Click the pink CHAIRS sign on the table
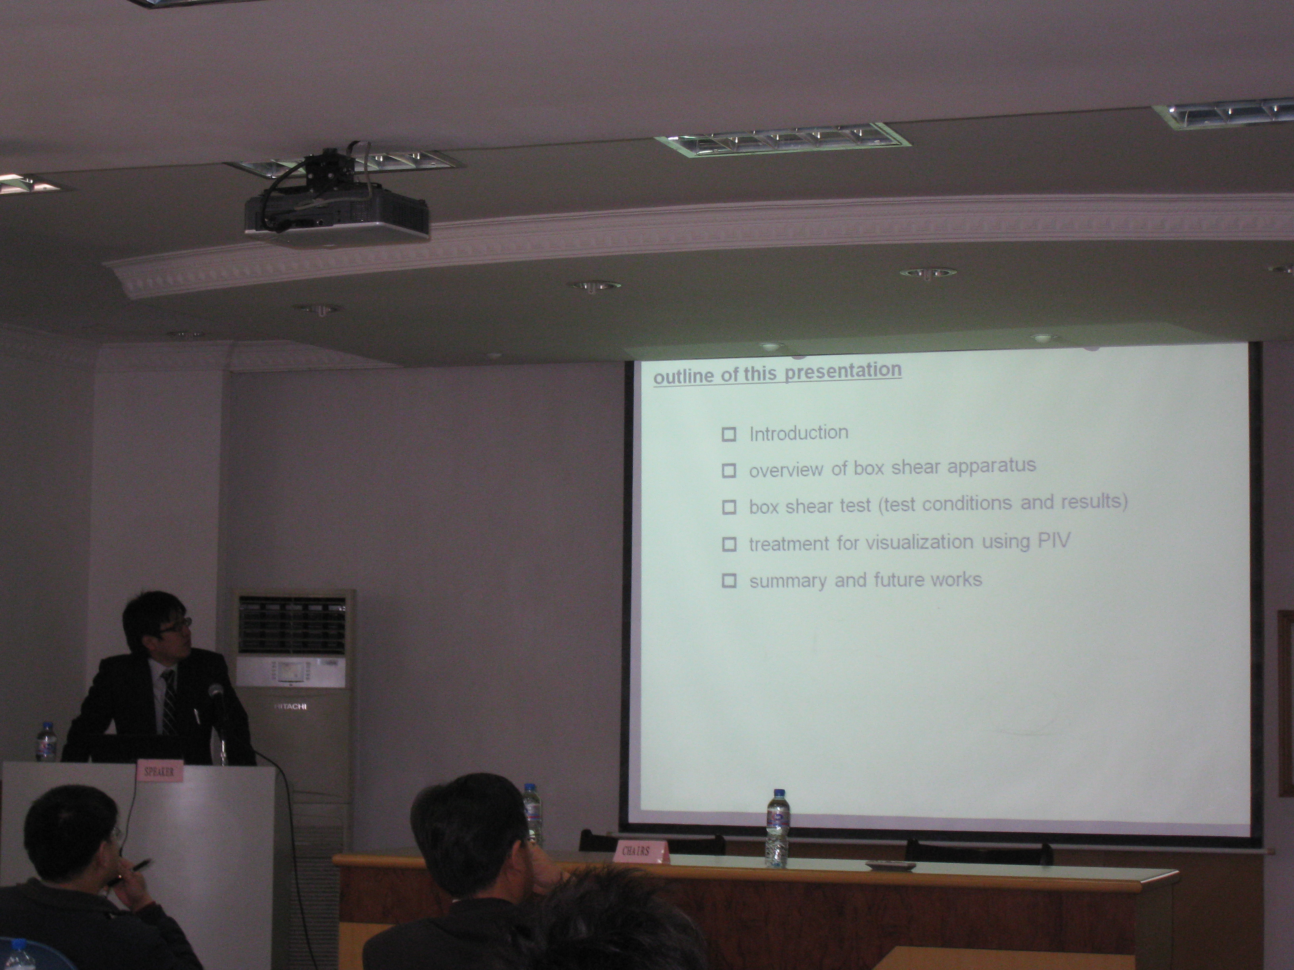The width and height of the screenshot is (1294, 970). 641,851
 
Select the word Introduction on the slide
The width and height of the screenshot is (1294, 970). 798,433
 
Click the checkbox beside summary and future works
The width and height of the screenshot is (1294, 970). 729,580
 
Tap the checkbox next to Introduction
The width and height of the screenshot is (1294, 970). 729,434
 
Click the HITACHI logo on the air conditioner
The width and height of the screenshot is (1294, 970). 290,706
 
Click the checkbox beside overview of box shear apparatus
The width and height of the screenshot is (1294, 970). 729,471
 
